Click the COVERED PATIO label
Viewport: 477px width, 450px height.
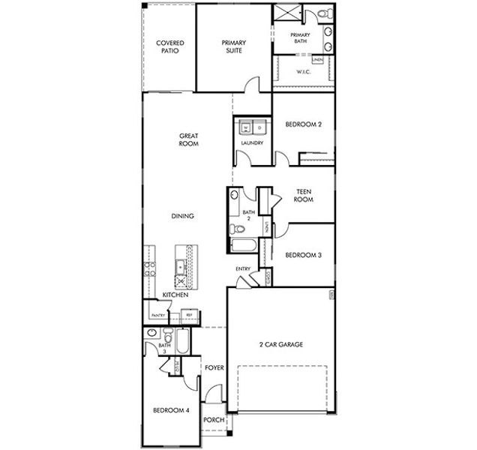coord(169,46)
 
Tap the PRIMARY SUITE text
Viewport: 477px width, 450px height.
coord(233,46)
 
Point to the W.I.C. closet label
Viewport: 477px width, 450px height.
coord(304,72)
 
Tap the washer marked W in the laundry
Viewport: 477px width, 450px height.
coord(244,127)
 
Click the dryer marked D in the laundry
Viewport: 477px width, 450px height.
coord(259,127)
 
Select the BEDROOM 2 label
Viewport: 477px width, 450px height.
coord(303,125)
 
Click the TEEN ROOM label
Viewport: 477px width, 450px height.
coord(303,196)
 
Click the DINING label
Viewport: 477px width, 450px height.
coord(182,216)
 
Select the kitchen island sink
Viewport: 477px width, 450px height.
coord(181,266)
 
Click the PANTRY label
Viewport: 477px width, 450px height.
coord(158,316)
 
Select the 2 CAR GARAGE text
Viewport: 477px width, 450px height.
coord(277,345)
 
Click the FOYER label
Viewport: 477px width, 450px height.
coord(214,367)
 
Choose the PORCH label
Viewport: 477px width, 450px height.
coord(214,420)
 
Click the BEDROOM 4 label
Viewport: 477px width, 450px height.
coord(170,410)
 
